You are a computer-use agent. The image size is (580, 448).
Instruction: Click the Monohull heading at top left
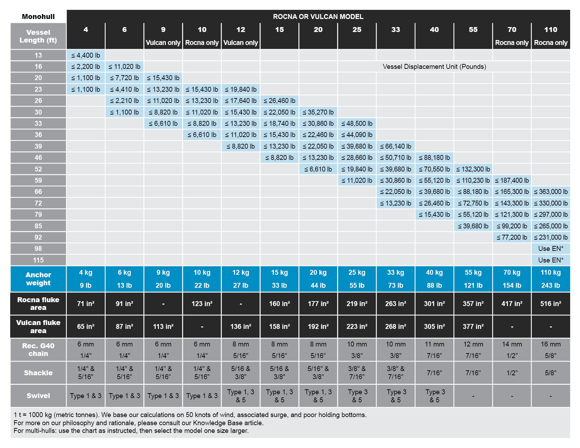pyautogui.click(x=38, y=17)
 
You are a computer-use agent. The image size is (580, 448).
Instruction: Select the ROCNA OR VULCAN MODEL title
pyautogui.click(x=318, y=17)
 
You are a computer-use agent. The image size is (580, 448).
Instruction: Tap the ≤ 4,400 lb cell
pyautogui.click(x=86, y=55)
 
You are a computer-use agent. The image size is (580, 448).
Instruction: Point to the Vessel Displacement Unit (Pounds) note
pyautogui.click(x=434, y=66)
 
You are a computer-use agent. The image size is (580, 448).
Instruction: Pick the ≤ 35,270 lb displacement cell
pyautogui.click(x=318, y=112)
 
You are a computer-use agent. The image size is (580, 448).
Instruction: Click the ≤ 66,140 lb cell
pyautogui.click(x=395, y=146)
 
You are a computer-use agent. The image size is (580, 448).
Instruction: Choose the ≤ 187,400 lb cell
pyautogui.click(x=512, y=180)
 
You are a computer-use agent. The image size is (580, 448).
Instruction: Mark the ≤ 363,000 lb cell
pyautogui.click(x=550, y=191)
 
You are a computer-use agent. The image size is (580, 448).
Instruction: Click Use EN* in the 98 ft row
pyautogui.click(x=550, y=248)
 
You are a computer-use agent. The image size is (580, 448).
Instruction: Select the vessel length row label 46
pyautogui.click(x=38, y=157)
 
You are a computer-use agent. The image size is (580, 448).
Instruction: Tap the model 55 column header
pyautogui.click(x=473, y=30)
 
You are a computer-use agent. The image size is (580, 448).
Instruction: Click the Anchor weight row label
pyautogui.click(x=38, y=279)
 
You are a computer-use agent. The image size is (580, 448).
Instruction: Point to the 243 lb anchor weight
pyautogui.click(x=550, y=285)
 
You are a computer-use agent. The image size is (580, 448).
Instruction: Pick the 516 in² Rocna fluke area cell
pyautogui.click(x=550, y=304)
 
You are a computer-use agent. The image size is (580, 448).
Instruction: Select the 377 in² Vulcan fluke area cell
pyautogui.click(x=473, y=326)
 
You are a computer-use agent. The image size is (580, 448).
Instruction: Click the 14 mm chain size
pyautogui.click(x=512, y=344)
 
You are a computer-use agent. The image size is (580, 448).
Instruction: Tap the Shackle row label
pyautogui.click(x=38, y=373)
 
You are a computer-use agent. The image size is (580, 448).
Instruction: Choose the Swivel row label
pyautogui.click(x=38, y=396)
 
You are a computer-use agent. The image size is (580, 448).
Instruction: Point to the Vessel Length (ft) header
pyautogui.click(x=38, y=36)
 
